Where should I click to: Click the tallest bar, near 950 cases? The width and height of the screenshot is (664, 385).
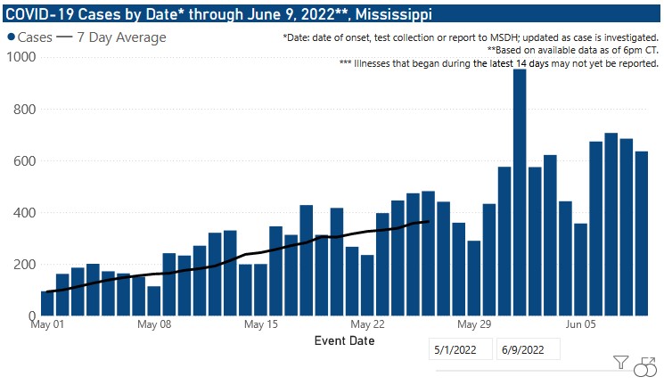[519, 192]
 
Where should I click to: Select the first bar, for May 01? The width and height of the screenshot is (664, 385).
[47, 303]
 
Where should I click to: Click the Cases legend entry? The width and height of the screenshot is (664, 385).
[29, 37]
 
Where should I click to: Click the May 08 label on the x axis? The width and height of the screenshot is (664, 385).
[154, 325]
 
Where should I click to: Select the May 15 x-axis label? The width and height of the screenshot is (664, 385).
[261, 325]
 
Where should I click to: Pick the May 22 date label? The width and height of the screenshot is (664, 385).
[367, 325]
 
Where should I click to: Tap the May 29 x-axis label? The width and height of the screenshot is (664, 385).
[474, 325]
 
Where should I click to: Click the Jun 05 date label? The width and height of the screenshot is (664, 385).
[581, 325]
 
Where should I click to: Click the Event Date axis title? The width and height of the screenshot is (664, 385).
[344, 341]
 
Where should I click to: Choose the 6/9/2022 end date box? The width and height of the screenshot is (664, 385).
[528, 348]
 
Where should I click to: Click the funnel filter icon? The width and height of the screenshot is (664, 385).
[621, 363]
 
